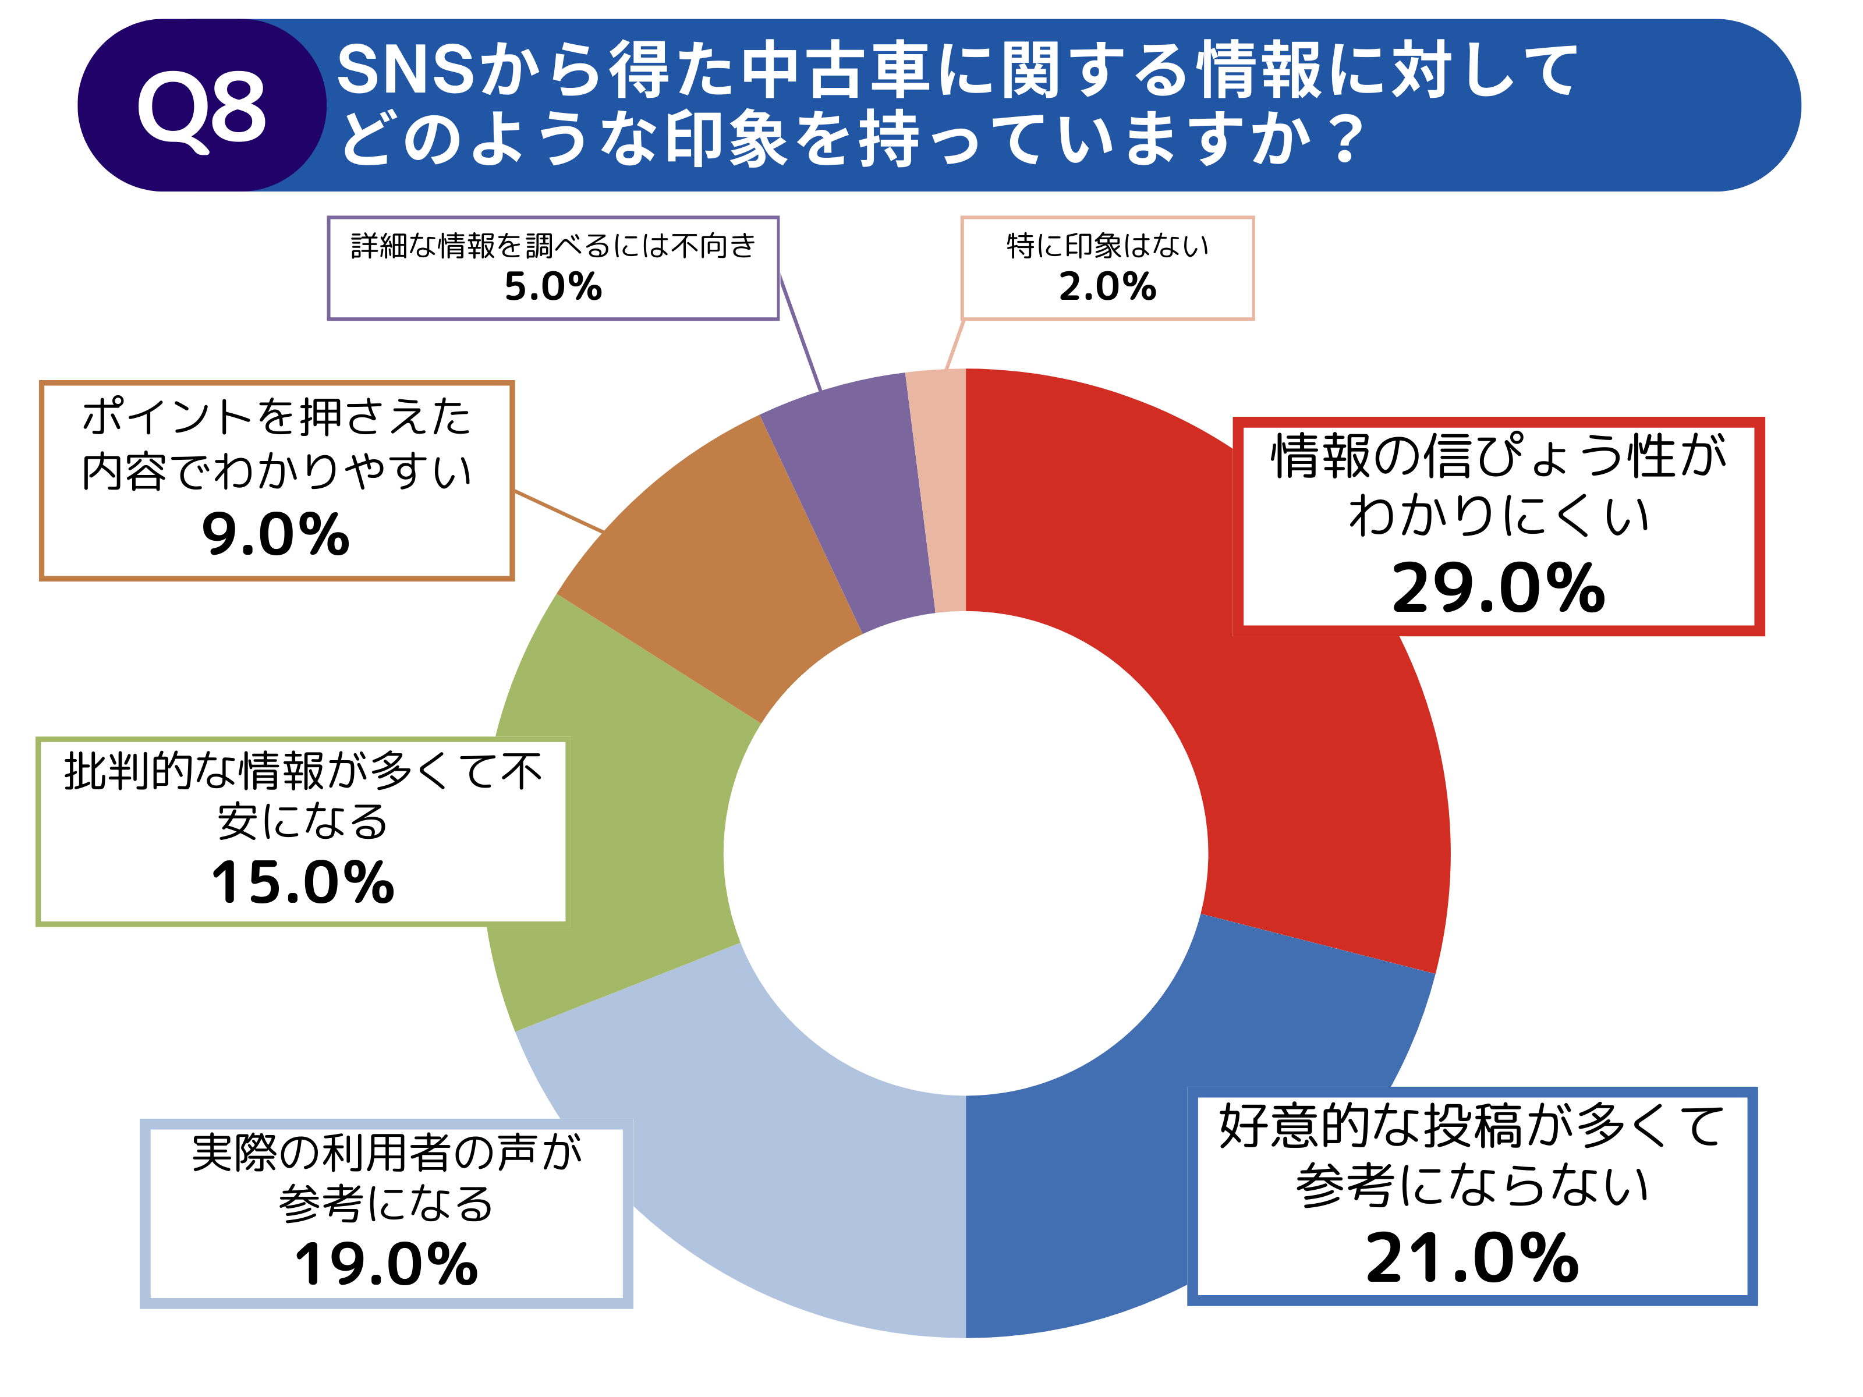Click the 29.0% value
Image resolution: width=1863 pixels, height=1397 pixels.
(x=1499, y=588)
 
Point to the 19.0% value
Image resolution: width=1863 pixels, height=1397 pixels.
(x=387, y=1265)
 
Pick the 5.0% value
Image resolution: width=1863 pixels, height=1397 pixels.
(x=553, y=286)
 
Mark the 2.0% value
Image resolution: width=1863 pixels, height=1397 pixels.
(x=1107, y=286)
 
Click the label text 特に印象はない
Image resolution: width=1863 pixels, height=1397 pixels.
(x=1107, y=246)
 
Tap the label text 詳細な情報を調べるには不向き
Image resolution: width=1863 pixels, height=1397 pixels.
(x=553, y=246)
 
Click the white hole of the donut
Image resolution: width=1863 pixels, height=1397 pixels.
(x=966, y=853)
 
